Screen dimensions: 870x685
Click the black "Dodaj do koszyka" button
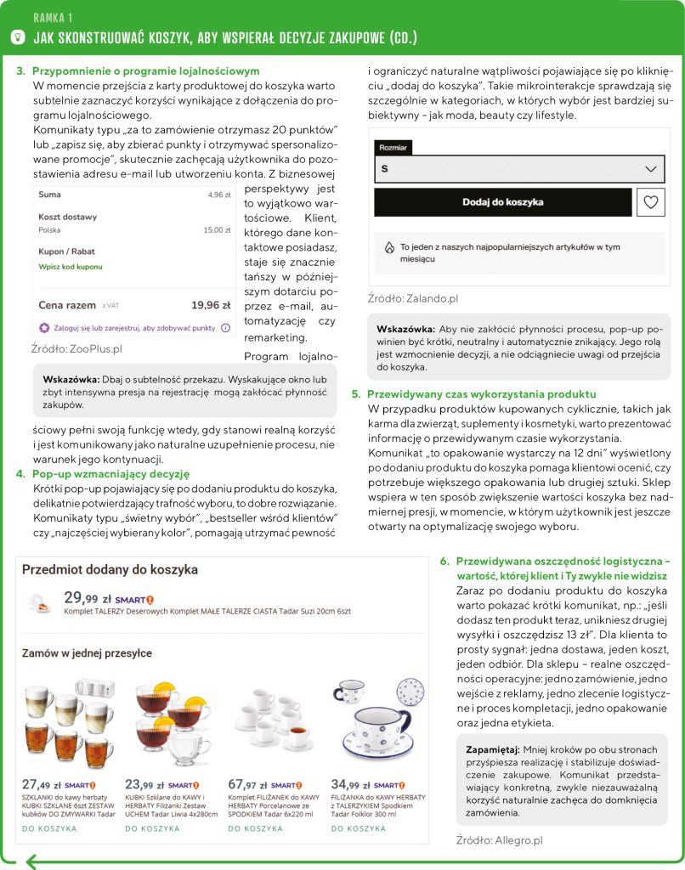502,202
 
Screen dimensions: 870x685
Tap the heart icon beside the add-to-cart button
650,202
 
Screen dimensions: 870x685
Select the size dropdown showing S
519,169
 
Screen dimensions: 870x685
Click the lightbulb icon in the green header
17,37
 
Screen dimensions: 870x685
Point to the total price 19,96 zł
211,305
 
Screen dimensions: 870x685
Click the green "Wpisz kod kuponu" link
70,267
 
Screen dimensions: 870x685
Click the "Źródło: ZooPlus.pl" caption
76,348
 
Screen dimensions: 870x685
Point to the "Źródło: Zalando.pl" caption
413,298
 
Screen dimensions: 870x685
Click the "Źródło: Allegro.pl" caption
499,840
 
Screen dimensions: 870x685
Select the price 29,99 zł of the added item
81,597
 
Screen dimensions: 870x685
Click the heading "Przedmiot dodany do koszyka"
110,569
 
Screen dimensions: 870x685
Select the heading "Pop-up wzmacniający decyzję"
110,473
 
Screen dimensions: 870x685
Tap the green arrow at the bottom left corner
32,862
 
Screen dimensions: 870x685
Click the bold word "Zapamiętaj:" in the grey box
493,750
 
